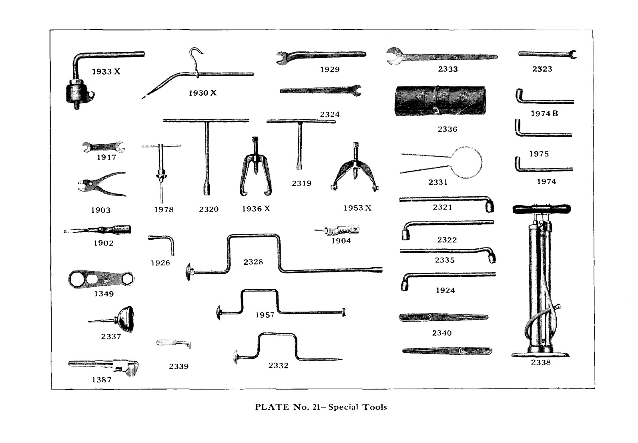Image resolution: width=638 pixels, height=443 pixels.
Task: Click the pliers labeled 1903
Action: click(102, 184)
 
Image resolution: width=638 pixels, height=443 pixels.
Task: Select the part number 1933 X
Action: click(106, 72)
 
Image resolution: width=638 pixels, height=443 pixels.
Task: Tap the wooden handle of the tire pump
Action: click(542, 209)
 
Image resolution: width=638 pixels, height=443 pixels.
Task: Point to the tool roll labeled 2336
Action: click(440, 101)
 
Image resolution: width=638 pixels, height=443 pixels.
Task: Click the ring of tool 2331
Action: click(466, 162)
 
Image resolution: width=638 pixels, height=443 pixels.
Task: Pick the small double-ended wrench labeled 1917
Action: click(104, 147)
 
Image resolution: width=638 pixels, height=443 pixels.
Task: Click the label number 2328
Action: click(253, 262)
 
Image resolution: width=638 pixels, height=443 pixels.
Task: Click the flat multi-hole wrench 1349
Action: click(101, 279)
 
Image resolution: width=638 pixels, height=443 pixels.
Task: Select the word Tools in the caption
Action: click(375, 407)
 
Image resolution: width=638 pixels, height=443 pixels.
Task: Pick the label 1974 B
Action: click(544, 114)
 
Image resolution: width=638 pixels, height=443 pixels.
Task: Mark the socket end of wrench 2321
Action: click(489, 205)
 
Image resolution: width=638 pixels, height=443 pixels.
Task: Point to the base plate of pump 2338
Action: click(540, 354)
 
